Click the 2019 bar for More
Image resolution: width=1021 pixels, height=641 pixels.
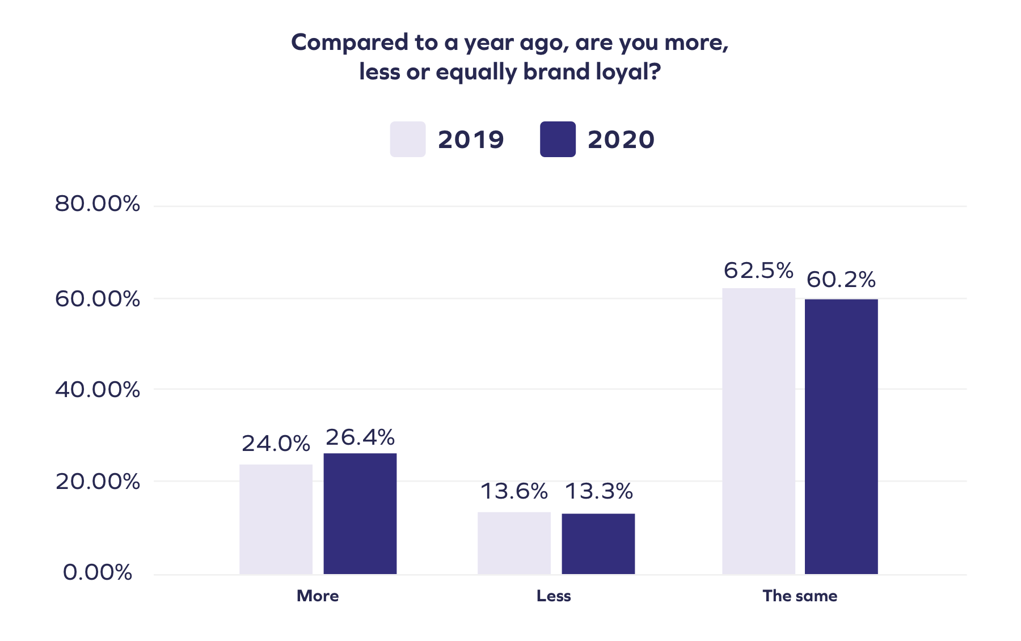[x=276, y=519]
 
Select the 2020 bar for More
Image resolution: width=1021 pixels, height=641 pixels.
[x=360, y=513]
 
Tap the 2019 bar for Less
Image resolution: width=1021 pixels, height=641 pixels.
[x=514, y=543]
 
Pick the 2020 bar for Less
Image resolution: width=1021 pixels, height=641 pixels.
[x=598, y=543]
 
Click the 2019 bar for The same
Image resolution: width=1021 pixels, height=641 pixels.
[x=758, y=431]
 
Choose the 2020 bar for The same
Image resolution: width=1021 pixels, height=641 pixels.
[x=841, y=436]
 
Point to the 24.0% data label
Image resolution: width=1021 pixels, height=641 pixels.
[x=276, y=444]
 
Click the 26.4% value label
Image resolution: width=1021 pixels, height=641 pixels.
[x=360, y=437]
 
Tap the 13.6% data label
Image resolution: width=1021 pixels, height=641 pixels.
[x=514, y=491]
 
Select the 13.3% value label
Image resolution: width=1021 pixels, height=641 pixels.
[x=599, y=491]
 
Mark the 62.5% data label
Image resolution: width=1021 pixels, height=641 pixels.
[x=758, y=271]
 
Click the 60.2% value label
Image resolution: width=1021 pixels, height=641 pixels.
[x=841, y=280]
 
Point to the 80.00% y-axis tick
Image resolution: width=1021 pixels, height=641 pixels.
[x=98, y=204]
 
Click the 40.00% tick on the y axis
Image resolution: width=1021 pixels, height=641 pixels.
[x=98, y=390]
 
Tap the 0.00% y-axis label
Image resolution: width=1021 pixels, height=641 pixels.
[x=98, y=572]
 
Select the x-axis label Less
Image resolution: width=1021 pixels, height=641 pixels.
[x=554, y=596]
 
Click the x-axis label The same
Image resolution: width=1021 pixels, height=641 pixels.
[x=800, y=596]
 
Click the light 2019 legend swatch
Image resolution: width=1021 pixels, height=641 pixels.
[x=407, y=139]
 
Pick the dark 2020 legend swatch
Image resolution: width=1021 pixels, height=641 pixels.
[x=558, y=139]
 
